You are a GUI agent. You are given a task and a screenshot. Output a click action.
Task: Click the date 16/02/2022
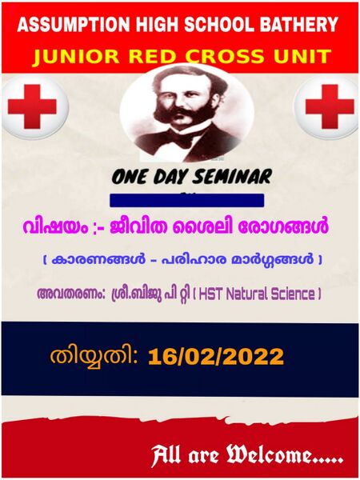pos(215,354)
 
